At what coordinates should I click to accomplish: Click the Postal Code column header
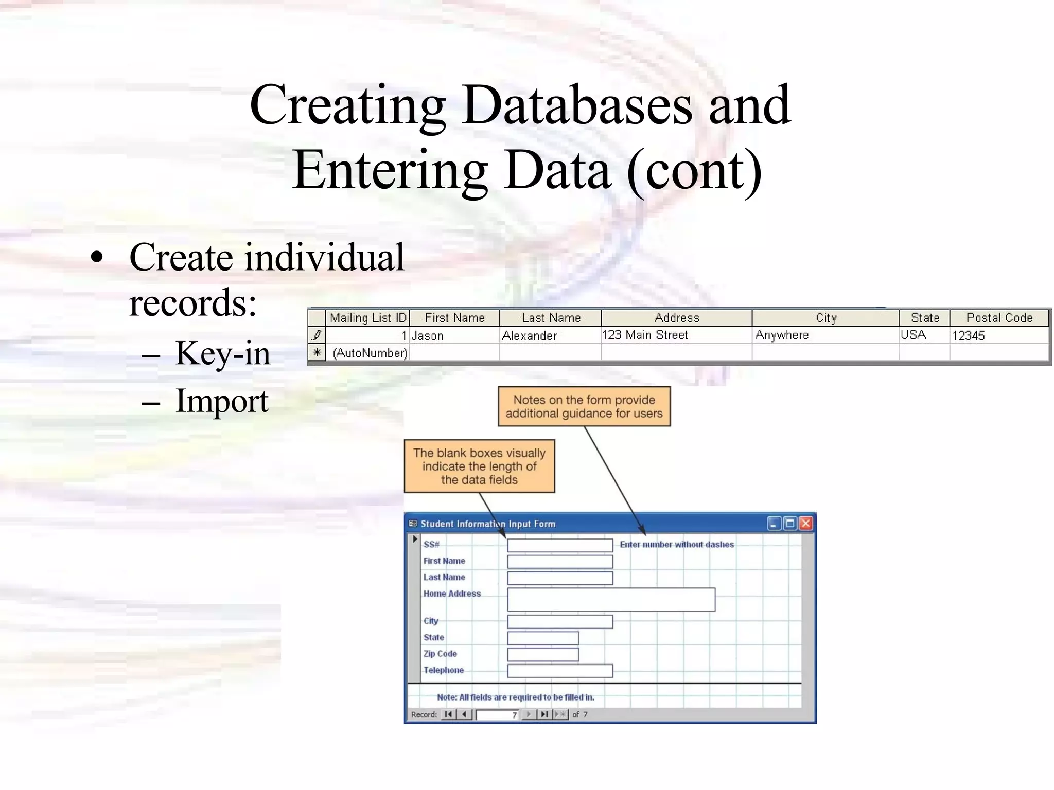point(999,318)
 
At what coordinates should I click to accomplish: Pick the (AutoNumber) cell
point(370,353)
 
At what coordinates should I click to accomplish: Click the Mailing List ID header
point(368,318)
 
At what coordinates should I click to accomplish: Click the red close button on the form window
point(806,524)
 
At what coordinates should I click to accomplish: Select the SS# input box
point(560,545)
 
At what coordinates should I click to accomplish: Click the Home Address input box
point(611,600)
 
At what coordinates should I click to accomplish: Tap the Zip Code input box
point(543,654)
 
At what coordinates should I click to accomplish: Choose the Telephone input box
point(560,671)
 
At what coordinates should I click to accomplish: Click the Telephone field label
point(444,670)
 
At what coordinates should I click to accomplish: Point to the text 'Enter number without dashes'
point(677,545)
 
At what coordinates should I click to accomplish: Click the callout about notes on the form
point(584,406)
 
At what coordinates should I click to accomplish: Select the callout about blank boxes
point(479,466)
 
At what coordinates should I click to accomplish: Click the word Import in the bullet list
point(222,401)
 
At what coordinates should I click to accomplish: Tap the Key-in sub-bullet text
point(222,353)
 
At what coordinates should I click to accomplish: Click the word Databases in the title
point(576,105)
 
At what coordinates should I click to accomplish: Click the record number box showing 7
point(497,715)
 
